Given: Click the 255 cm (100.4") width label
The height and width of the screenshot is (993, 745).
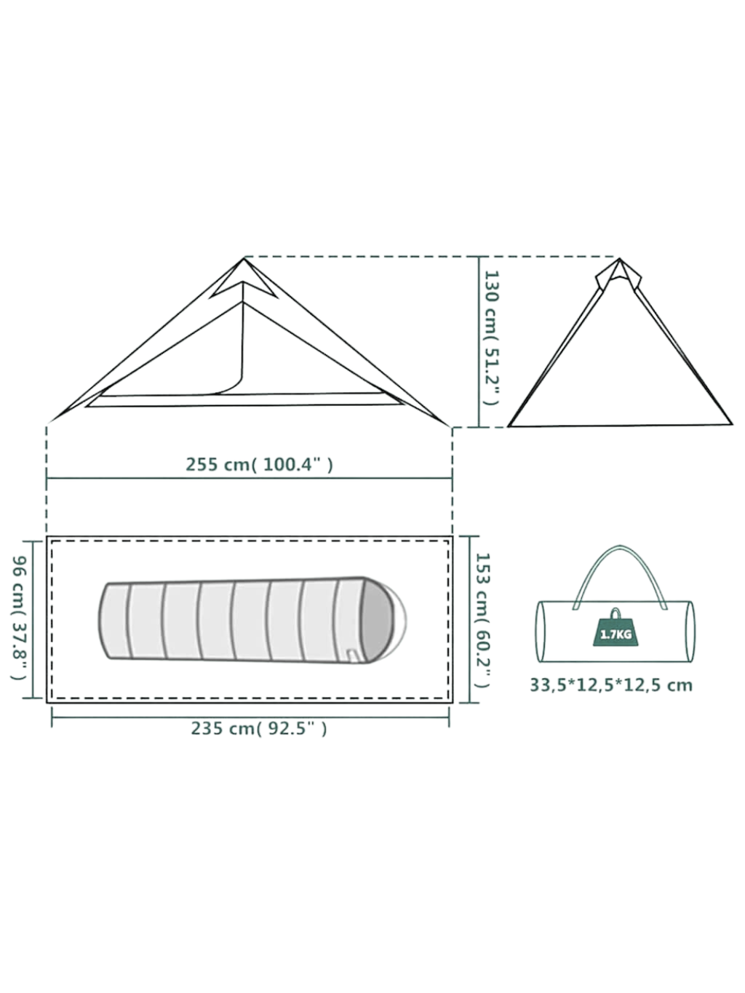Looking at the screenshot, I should click(259, 464).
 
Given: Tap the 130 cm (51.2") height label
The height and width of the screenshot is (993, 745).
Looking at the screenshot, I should click(493, 338).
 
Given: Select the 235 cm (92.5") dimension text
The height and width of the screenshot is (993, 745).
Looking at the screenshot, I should click(259, 728).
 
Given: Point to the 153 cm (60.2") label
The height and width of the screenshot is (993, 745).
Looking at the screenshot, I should click(482, 621).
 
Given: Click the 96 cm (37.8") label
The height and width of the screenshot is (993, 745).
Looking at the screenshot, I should click(20, 618).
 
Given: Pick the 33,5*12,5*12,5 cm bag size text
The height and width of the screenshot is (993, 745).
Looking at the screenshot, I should click(610, 685).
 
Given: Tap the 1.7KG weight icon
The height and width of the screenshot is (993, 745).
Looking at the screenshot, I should click(615, 630).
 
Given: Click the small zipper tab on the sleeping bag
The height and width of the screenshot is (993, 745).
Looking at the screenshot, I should click(353, 656).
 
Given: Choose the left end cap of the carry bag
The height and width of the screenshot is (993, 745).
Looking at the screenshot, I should click(541, 631).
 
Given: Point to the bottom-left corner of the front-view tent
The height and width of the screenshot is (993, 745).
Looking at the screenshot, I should click(509, 425).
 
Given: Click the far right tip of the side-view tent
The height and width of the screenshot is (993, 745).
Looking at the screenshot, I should click(450, 425).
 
